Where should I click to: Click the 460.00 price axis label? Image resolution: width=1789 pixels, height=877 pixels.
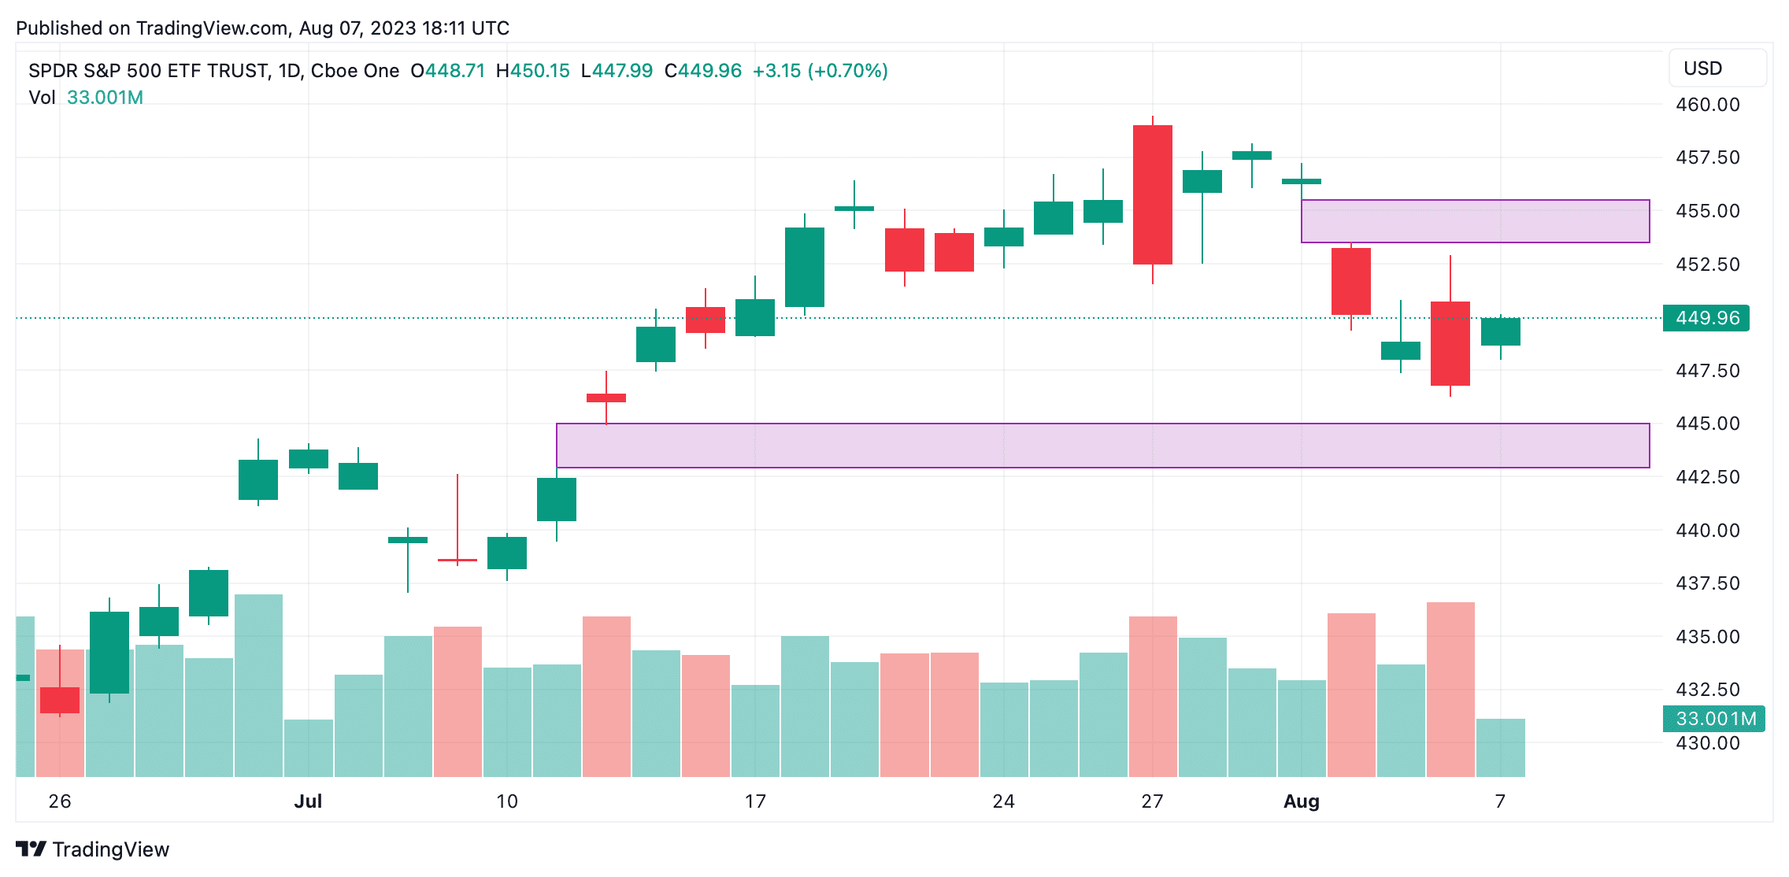click(x=1707, y=105)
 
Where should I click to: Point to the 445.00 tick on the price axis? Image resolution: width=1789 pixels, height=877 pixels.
click(x=1707, y=424)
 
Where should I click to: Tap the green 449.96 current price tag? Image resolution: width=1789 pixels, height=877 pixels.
click(x=1706, y=318)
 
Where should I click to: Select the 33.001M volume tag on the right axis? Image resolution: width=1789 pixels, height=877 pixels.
click(x=1713, y=719)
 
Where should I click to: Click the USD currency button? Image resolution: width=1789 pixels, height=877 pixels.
click(x=1717, y=68)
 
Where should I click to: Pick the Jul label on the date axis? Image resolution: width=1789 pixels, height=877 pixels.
click(x=308, y=801)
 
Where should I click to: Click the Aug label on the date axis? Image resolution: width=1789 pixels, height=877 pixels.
click(x=1302, y=801)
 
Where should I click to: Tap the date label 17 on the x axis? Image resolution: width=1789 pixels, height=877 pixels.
click(x=755, y=801)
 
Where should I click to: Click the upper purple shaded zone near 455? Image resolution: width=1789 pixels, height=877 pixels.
click(x=1475, y=221)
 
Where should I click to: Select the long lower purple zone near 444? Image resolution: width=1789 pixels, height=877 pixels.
click(x=1102, y=446)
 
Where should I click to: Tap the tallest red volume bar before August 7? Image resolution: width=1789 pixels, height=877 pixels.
click(x=1450, y=690)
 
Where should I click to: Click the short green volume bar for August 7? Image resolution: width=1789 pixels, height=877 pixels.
click(x=1501, y=748)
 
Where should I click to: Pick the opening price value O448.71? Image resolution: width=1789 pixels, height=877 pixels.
click(x=447, y=71)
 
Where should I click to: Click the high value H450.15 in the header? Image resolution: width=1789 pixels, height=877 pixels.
click(x=532, y=71)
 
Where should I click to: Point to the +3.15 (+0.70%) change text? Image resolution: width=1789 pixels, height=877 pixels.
click(x=820, y=71)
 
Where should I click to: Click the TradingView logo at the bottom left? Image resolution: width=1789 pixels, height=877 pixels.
click(x=92, y=849)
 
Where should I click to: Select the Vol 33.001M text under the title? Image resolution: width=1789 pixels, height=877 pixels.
click(x=86, y=98)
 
